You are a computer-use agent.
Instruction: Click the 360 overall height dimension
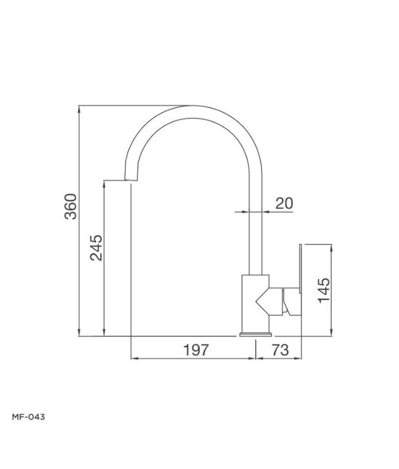70,206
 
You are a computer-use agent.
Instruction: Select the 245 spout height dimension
96,247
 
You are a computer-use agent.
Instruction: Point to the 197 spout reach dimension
196,350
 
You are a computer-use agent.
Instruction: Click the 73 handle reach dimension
280,350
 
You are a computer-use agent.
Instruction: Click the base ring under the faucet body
255,335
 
